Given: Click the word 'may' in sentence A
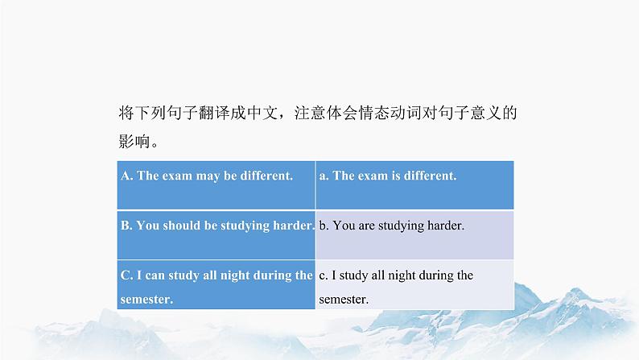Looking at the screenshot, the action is coord(208,176).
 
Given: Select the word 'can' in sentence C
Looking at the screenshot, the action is coord(155,275).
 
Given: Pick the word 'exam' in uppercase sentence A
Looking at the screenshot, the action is coord(177,176).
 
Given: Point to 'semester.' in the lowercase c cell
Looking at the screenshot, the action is coord(344,300).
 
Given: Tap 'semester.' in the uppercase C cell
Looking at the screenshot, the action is coord(146,300).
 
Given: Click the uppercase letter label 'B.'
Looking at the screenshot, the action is coord(126,226).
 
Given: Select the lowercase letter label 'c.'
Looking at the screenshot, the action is coord(324,276).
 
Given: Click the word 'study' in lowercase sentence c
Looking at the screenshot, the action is coord(354,276).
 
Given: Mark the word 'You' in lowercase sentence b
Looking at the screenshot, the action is coord(344,226).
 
